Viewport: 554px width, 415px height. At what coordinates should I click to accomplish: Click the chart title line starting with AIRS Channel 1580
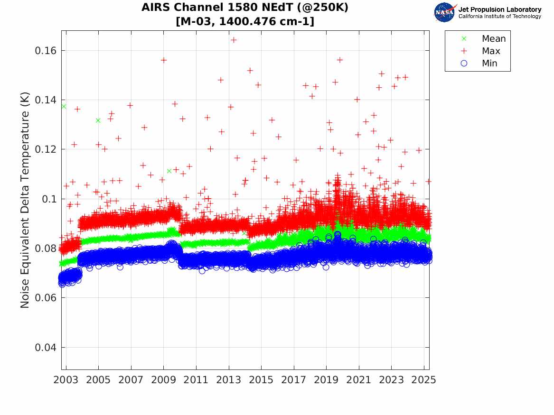pyautogui.click(x=245, y=8)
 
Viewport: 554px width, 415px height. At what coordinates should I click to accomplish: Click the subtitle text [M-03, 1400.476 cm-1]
pyautogui.click(x=245, y=21)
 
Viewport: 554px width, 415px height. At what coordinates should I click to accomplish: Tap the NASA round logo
pyautogui.click(x=445, y=12)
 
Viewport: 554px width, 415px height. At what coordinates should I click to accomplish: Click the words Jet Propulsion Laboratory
pyautogui.click(x=499, y=9)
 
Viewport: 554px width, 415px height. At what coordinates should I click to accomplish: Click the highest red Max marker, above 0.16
pyautogui.click(x=234, y=40)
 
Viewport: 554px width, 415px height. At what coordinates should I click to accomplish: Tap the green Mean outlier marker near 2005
pyautogui.click(x=98, y=120)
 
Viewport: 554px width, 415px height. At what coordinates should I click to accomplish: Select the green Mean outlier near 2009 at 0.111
pyautogui.click(x=169, y=171)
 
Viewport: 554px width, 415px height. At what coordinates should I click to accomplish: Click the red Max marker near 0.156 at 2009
pyautogui.click(x=164, y=60)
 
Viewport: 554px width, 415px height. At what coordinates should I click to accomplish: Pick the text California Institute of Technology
pyautogui.click(x=499, y=17)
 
